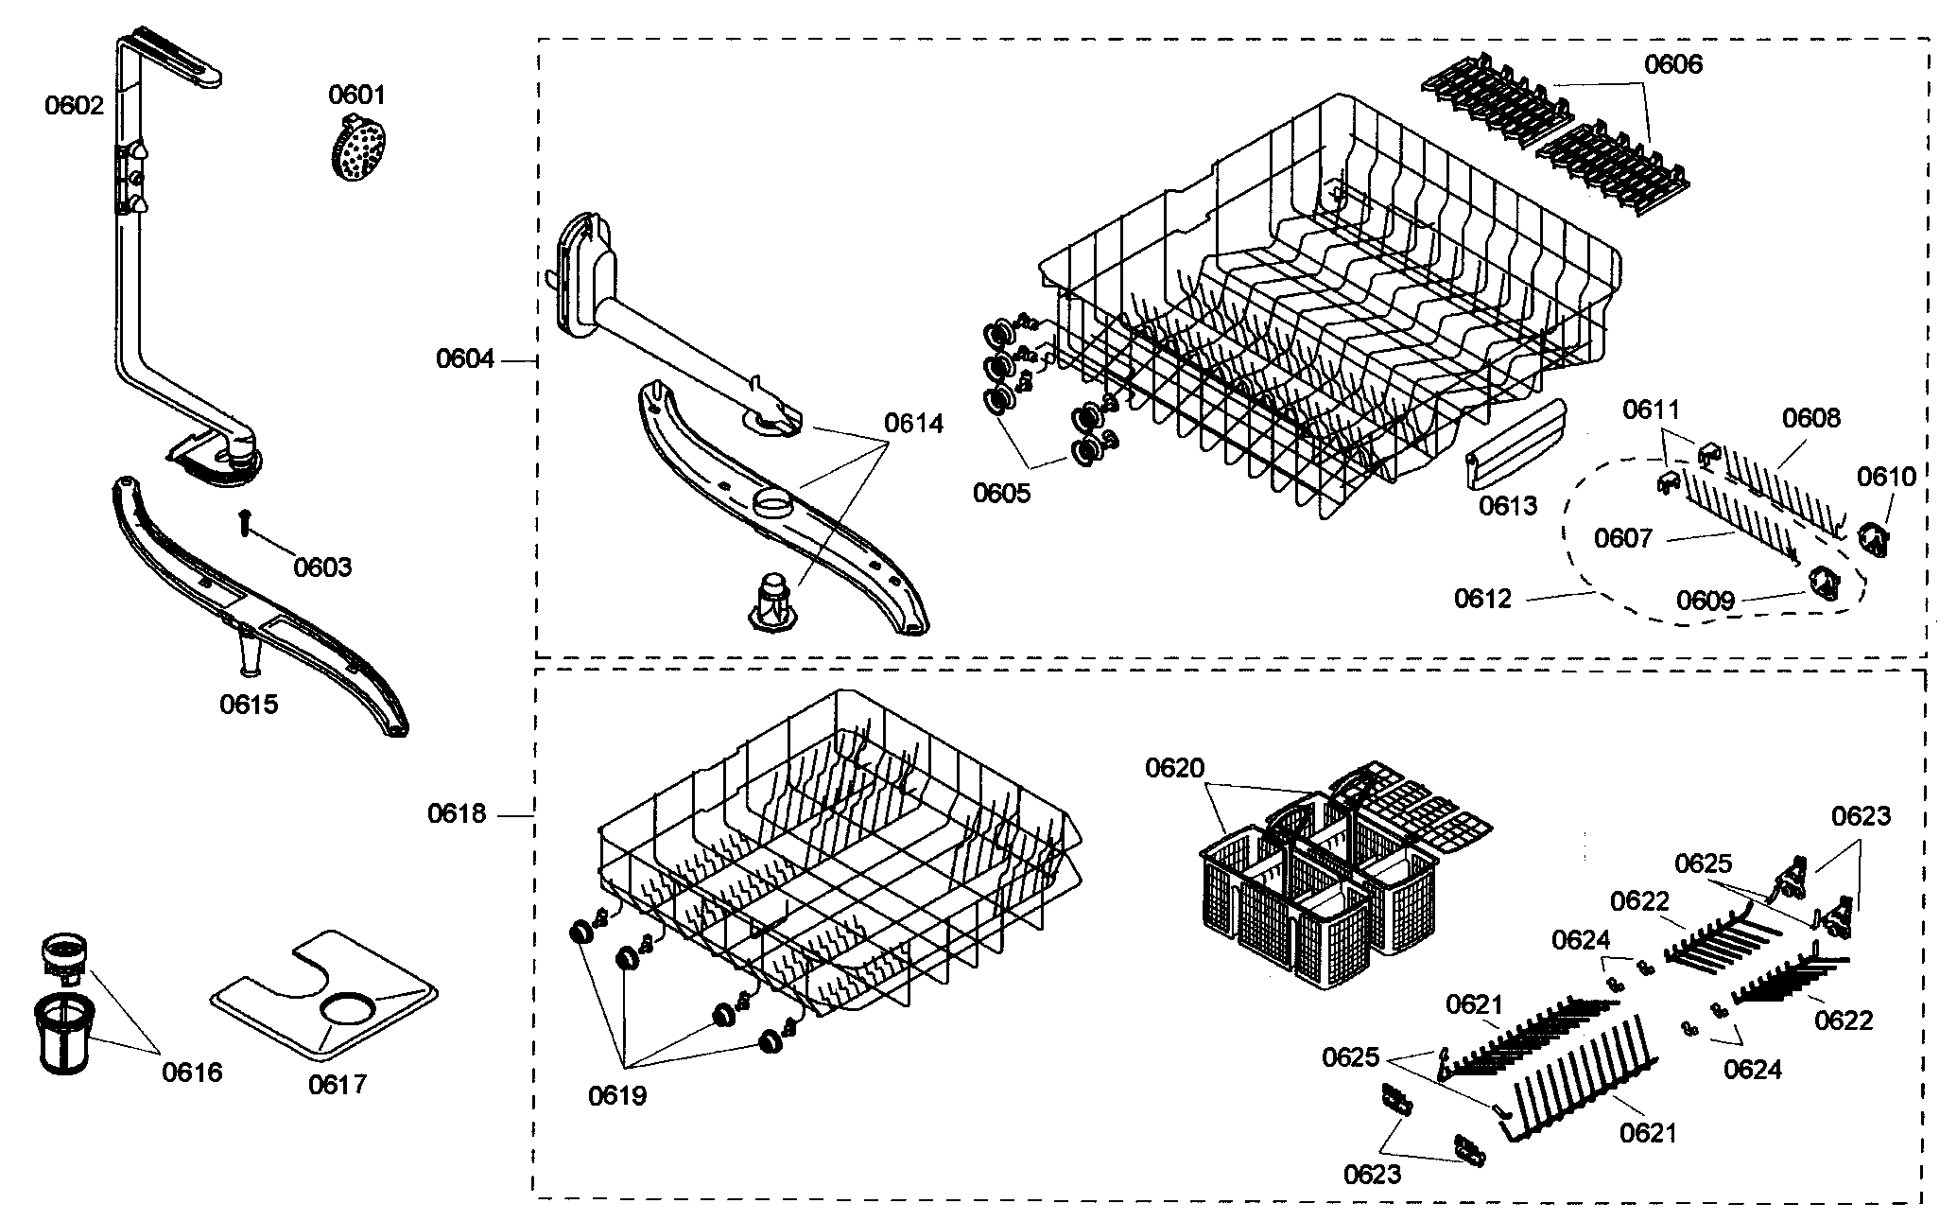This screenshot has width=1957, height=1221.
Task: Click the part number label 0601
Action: [x=356, y=95]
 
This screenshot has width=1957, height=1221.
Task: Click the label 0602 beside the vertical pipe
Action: [x=74, y=105]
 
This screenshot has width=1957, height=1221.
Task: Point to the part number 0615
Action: [x=249, y=704]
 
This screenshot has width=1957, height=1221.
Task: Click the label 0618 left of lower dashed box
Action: [x=457, y=813]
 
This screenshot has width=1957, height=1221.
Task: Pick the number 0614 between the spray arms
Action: [x=913, y=423]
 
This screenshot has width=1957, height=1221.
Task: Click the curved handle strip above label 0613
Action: [x=1515, y=443]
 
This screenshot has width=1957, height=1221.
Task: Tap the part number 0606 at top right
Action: [x=1672, y=64]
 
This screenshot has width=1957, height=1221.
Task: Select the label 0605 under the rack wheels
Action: [x=1001, y=493]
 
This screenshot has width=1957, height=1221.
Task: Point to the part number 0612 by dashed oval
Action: [x=1482, y=598]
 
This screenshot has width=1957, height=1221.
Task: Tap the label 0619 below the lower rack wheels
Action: [x=616, y=1095]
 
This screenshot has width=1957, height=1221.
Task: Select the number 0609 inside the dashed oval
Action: [x=1705, y=601]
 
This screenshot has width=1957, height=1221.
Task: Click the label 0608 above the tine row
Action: [x=1810, y=417]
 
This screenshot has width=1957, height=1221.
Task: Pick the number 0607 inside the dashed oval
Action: [x=1622, y=538]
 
